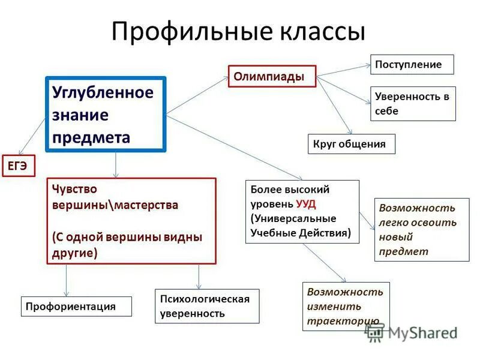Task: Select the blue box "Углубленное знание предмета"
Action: (x=106, y=115)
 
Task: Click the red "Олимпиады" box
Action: (x=271, y=76)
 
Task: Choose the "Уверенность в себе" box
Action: (x=413, y=103)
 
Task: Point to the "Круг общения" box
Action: (x=351, y=144)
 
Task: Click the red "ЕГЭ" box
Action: (x=17, y=166)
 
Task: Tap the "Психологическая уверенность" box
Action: (x=207, y=306)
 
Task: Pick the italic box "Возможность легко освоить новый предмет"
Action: (x=421, y=229)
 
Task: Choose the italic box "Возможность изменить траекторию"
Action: (x=346, y=306)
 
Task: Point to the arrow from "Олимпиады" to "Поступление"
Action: (x=343, y=70)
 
